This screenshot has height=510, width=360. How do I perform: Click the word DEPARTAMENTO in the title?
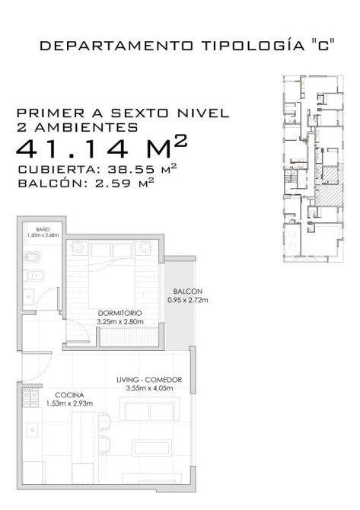point(116,46)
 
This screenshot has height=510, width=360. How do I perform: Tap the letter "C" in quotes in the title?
point(323,46)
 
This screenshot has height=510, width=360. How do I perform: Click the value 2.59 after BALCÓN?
point(113,183)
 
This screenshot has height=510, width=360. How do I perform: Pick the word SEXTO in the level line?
point(140,113)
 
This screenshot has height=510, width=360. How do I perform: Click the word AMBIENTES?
point(86,127)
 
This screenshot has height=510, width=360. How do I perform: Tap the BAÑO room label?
point(43,230)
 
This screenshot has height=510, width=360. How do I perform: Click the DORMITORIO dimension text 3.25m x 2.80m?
point(120,322)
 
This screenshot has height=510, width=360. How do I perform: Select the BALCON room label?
point(188,292)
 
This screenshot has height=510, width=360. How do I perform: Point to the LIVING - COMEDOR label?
point(149,380)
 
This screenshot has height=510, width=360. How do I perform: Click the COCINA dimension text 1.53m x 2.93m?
point(69,403)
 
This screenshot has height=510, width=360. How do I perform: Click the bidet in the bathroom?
point(32,257)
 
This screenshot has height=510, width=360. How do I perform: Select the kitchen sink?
point(32,429)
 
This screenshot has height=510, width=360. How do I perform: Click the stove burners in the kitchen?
point(30,397)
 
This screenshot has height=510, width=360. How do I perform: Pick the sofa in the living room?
point(150,409)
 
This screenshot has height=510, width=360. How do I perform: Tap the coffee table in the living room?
point(151,448)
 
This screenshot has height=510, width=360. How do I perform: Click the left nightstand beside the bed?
point(78,247)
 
